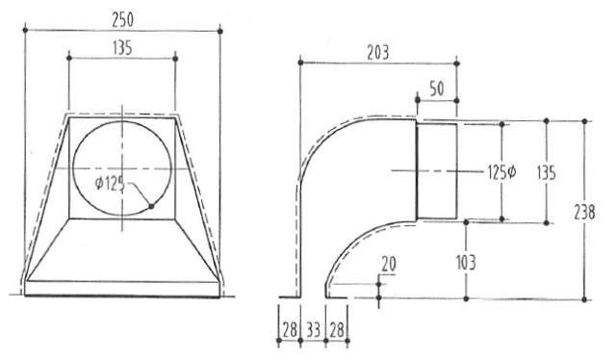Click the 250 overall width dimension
click(123, 16)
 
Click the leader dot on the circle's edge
click(151, 205)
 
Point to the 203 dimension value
click(377, 53)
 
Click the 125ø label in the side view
click(501, 171)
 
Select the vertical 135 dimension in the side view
click(572, 171)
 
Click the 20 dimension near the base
click(389, 263)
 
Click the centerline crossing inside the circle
click(122, 168)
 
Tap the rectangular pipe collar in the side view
click(434, 169)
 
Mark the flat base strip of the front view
click(122, 288)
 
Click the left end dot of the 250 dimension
click(24, 32)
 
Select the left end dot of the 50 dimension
click(416, 98)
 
